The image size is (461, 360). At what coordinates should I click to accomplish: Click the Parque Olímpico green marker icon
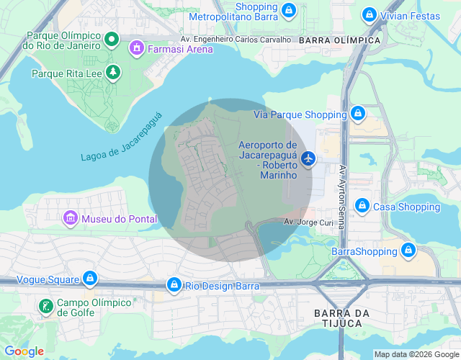112,38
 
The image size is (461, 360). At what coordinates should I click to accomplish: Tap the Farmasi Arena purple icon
136,48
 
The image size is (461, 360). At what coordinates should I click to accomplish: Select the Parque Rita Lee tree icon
112,72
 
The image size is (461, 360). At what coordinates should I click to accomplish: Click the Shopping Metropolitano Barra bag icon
288,10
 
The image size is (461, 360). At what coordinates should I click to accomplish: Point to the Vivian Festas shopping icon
369,14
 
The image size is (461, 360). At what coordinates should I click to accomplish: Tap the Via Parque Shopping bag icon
357,114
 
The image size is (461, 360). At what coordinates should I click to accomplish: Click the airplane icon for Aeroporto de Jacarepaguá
309,157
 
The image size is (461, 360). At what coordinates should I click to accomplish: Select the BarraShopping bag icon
408,251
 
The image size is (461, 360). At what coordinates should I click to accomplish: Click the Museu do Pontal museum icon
70,217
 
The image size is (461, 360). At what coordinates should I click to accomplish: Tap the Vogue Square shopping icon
89,277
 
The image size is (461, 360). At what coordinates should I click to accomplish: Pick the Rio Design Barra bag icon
173,285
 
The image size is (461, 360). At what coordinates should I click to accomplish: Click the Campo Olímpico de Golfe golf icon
45,307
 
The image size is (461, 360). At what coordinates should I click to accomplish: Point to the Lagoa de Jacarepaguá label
122,137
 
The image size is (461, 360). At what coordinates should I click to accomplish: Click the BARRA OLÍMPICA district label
338,40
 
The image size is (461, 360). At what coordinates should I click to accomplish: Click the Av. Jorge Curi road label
308,222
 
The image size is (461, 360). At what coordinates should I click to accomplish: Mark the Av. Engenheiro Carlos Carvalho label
236,40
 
